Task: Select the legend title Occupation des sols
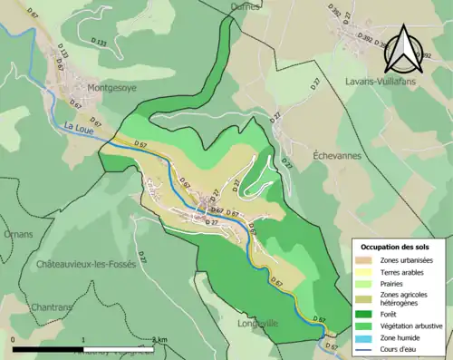coord(397,247)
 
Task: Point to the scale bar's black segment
coord(48,348)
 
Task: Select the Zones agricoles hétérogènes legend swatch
coord(366,299)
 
